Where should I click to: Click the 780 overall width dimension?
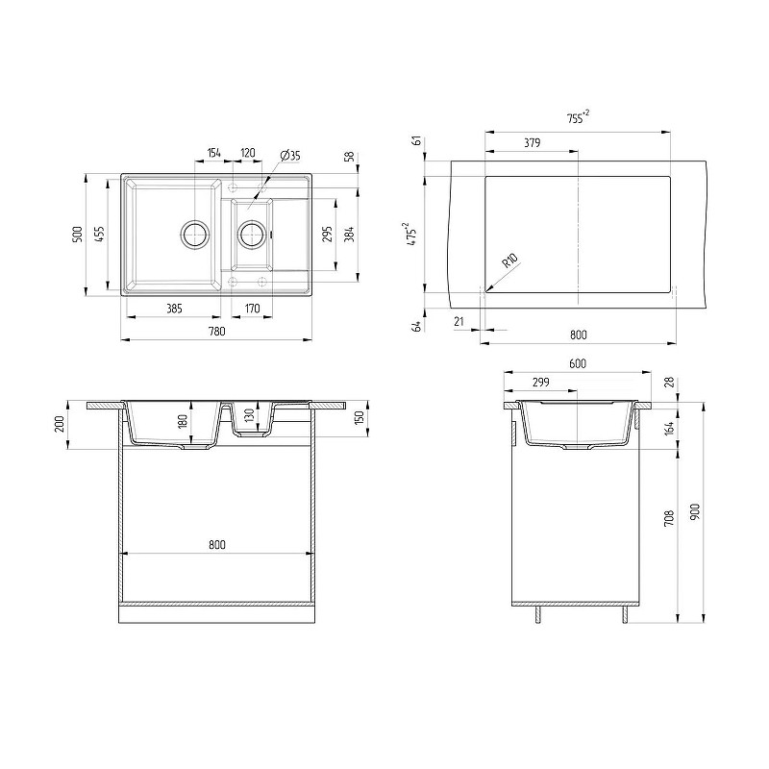click(217, 332)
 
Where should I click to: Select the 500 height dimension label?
click(77, 236)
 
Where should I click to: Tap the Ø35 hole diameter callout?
click(290, 156)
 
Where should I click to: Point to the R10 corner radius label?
click(510, 260)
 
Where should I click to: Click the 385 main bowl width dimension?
click(174, 309)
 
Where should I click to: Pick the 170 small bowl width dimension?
click(252, 309)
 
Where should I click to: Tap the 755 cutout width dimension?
click(578, 117)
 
